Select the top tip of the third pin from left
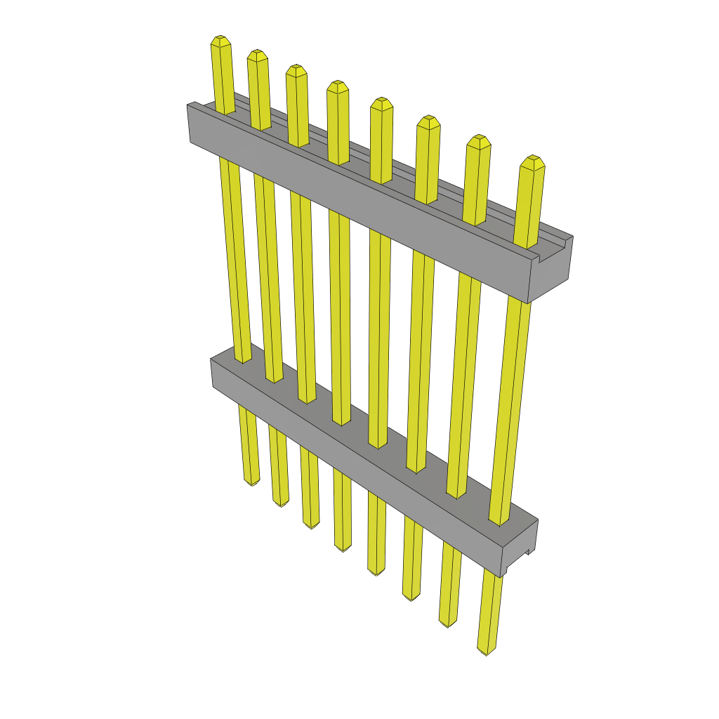point(296,70)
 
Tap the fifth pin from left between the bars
point(379,337)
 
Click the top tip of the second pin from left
point(258,54)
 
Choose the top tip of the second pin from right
point(479,140)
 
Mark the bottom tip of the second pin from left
point(280,503)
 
